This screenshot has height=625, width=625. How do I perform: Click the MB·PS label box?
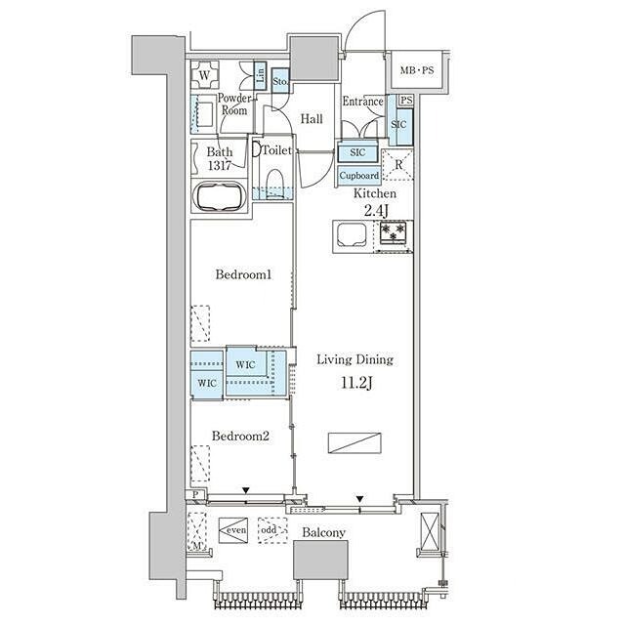417,70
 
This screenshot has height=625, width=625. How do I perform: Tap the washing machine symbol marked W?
204,74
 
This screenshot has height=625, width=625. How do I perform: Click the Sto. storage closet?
280,81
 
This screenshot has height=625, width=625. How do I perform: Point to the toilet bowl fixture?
274,183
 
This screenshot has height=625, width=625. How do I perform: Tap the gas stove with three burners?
393,232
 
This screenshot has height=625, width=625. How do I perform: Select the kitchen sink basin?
352,235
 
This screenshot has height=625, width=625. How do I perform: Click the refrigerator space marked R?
397,164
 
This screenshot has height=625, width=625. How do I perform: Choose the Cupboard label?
359,176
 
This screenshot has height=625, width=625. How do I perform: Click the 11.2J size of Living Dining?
357,383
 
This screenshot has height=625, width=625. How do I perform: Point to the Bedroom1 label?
243,274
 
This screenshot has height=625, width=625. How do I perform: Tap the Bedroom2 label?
240,436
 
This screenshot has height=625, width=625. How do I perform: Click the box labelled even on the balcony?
233,530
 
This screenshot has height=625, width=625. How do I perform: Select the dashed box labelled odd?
272,530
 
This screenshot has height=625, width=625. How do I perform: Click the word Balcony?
323,533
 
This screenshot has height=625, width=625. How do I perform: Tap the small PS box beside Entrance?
406,100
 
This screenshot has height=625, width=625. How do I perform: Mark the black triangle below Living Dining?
360,499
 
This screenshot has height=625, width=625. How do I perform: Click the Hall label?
312,118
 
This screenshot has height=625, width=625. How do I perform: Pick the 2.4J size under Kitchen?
376,211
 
